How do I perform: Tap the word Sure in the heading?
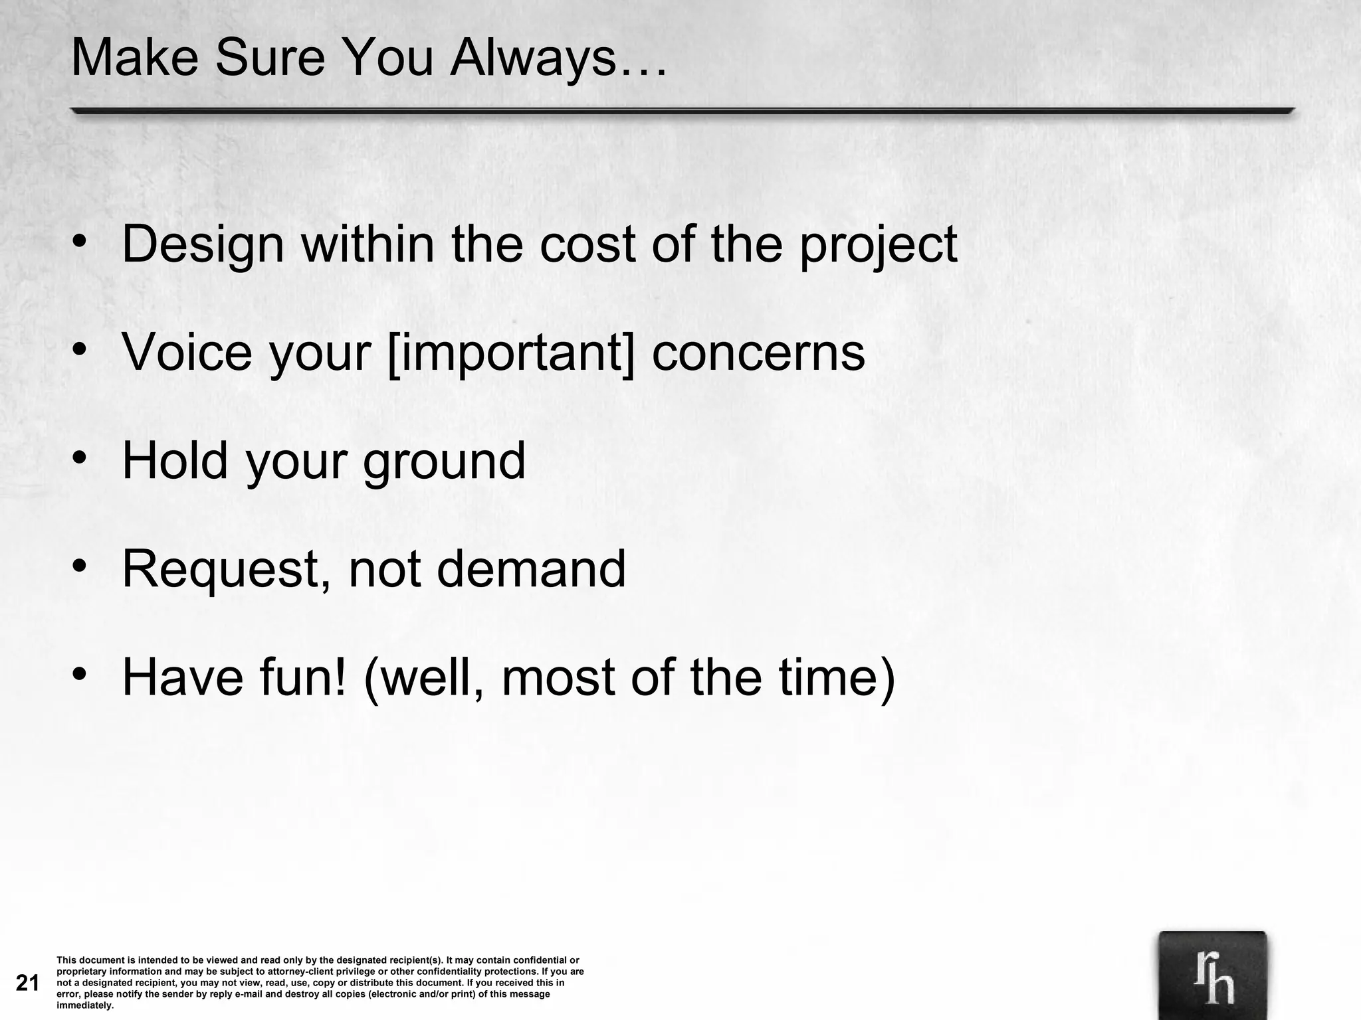[270, 58]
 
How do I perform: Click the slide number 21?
[27, 983]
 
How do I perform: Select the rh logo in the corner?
[1212, 976]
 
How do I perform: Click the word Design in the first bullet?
[203, 244]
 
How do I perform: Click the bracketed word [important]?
[510, 353]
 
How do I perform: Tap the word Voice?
[187, 353]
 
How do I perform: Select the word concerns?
[758, 353]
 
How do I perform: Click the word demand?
[531, 570]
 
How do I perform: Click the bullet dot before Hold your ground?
[80, 458]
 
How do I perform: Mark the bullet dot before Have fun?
[80, 675]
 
